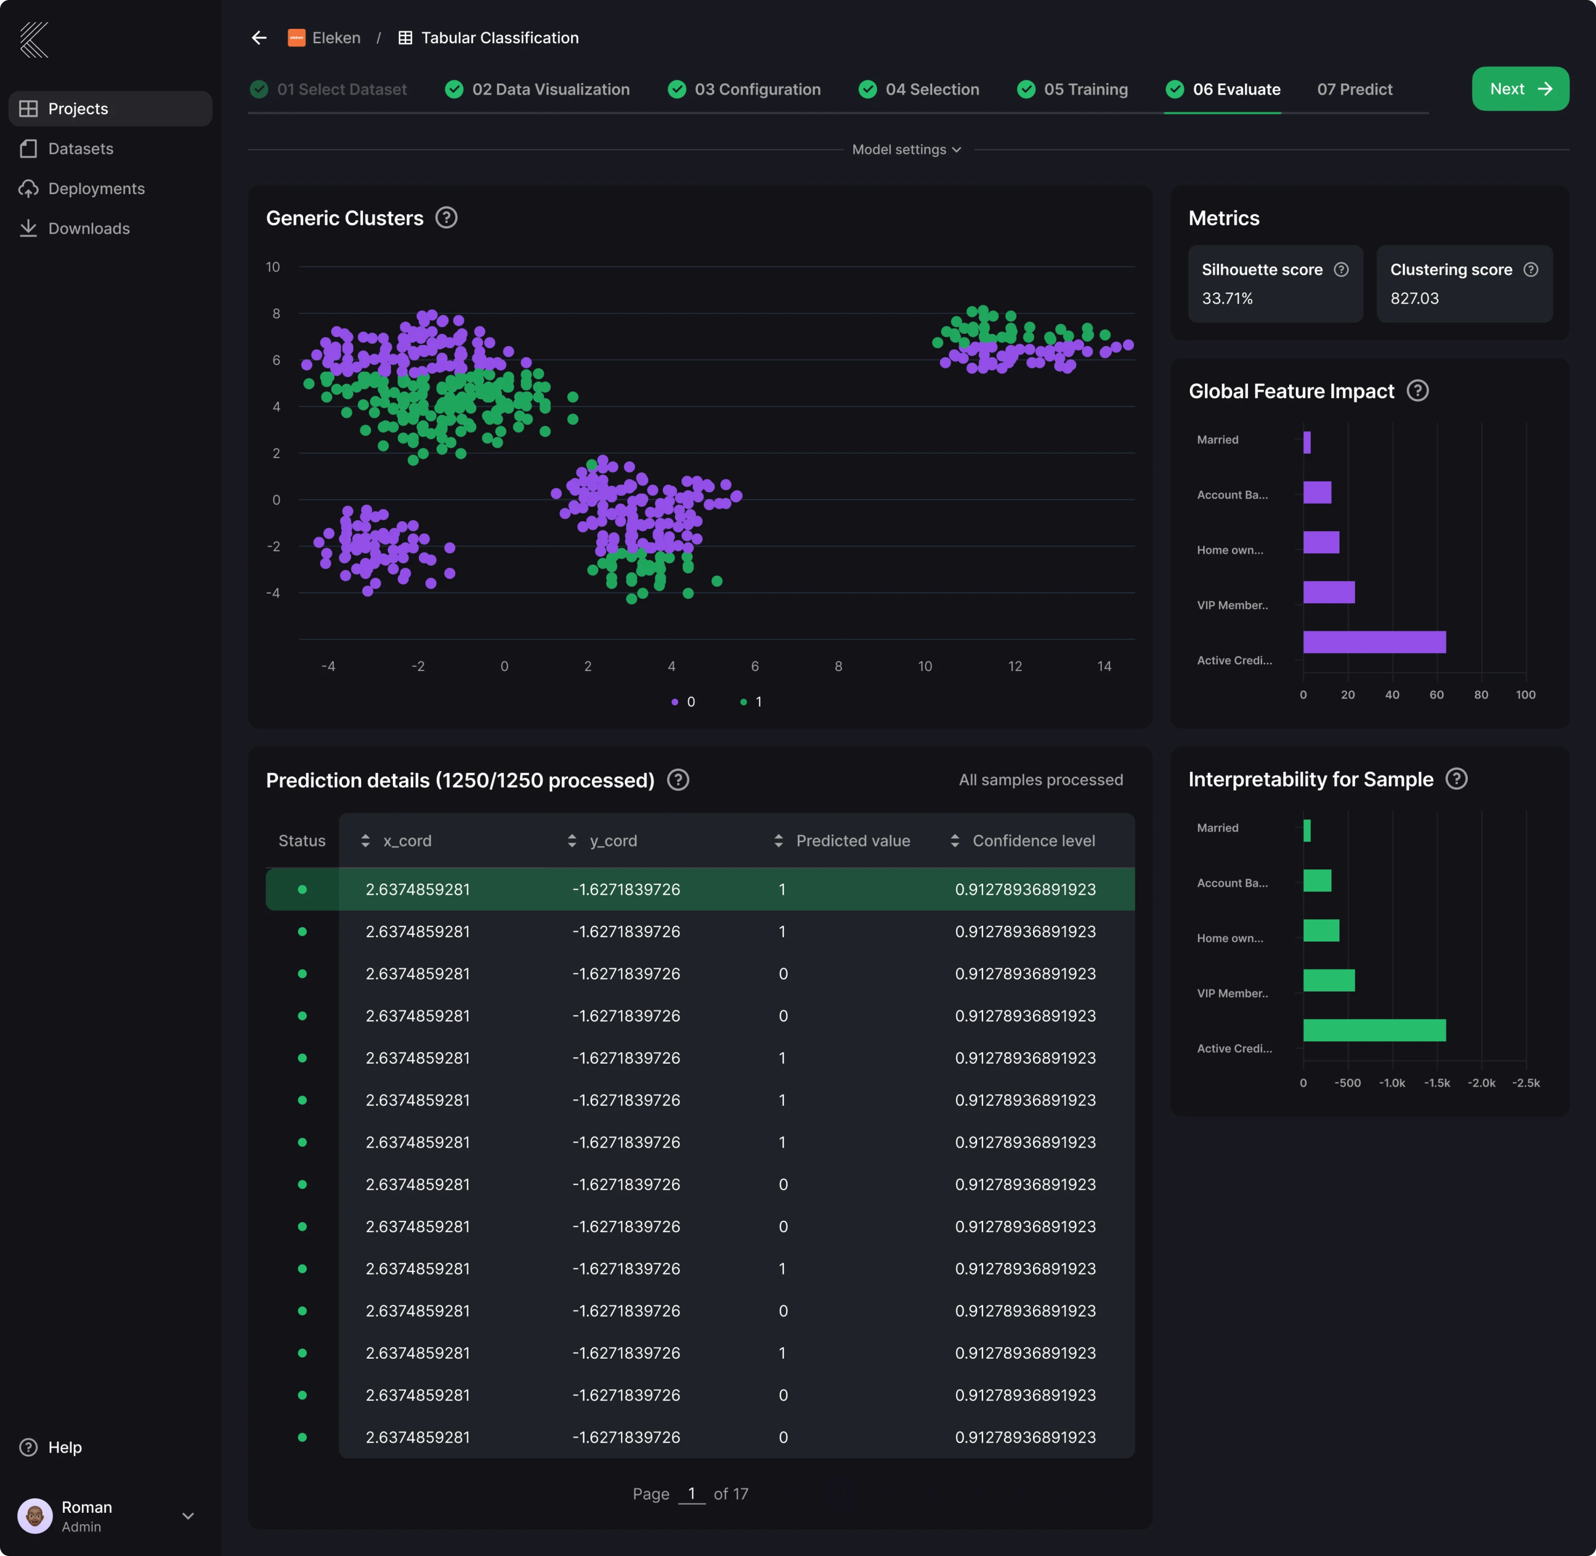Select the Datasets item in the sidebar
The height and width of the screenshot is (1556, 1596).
tap(80, 149)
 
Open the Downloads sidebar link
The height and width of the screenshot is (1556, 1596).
tap(88, 229)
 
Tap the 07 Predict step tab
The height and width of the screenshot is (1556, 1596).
tap(1354, 89)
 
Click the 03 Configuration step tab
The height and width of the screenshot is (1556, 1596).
tap(757, 89)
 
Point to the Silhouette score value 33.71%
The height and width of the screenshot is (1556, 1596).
tap(1227, 298)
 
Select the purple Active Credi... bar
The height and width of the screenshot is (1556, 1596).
tap(1374, 642)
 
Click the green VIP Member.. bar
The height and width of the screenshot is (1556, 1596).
tap(1329, 980)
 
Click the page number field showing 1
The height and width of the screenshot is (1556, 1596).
tap(691, 1494)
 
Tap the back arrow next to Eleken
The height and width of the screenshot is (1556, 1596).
tap(259, 38)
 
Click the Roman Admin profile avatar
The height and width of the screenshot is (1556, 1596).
tap(35, 1516)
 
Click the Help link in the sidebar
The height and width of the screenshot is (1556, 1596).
tap(64, 1447)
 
